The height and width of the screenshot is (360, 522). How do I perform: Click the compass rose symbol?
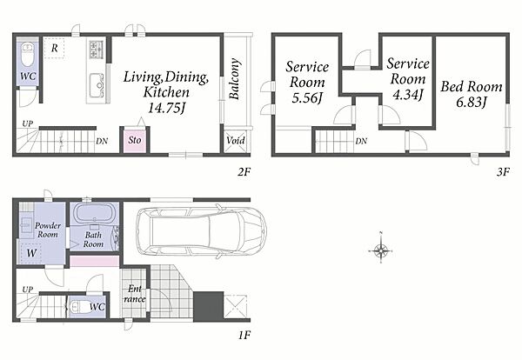tap(380, 250)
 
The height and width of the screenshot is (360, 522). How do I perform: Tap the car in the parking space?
tap(202, 231)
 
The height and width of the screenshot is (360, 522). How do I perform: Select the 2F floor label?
tap(244, 172)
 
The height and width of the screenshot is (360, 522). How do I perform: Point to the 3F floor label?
tap(503, 172)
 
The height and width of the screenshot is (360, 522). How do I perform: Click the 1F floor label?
tap(244, 335)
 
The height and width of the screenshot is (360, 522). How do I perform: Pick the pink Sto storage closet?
tap(135, 140)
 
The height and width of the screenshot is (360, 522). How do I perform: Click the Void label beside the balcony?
tap(236, 140)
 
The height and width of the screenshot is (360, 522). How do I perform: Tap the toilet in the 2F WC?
tap(28, 55)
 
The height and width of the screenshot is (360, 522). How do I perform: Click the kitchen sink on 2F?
tap(97, 85)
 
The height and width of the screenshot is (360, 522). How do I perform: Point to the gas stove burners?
tap(97, 49)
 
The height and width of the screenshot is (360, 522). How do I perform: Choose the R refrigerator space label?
tap(54, 48)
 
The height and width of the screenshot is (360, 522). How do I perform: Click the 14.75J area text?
tap(166, 108)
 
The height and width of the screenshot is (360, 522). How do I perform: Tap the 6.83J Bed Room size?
tap(472, 102)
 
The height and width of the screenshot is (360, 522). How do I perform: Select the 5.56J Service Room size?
tap(307, 98)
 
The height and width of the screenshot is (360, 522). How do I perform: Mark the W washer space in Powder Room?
tap(31, 253)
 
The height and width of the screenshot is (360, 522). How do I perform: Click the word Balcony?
tap(235, 79)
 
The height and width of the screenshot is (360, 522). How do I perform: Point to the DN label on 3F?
tap(361, 141)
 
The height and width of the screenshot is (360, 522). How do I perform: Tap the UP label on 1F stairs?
tap(28, 290)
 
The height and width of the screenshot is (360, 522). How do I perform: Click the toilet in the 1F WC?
tap(77, 307)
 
